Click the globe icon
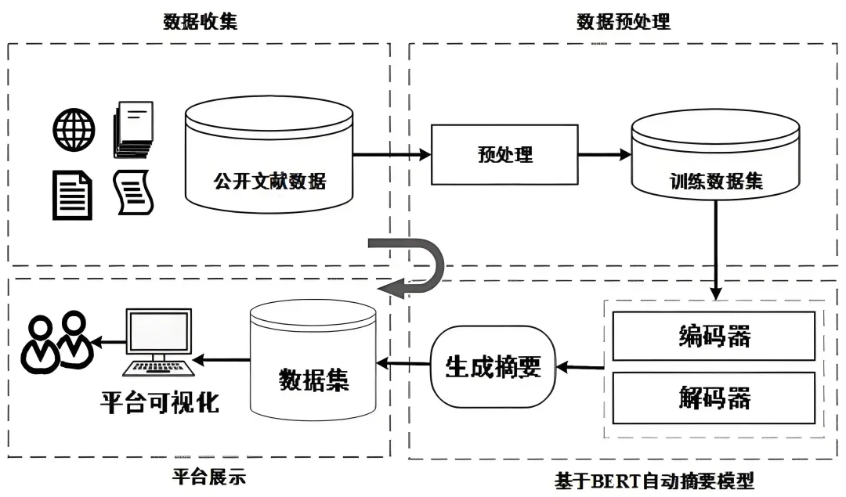pyautogui.click(x=74, y=130)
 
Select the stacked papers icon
pyautogui.click(x=133, y=130)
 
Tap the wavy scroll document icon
pyautogui.click(x=133, y=193)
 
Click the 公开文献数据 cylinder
pyautogui.click(x=269, y=155)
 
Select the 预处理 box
pyautogui.click(x=504, y=155)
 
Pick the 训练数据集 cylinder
pyautogui.click(x=715, y=155)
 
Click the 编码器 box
pyautogui.click(x=714, y=336)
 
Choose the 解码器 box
pyautogui.click(x=714, y=398)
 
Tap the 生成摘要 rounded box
pyautogui.click(x=493, y=366)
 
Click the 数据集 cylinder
pyautogui.click(x=313, y=360)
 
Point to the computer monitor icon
pyautogui.click(x=158, y=342)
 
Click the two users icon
pyautogui.click(x=56, y=341)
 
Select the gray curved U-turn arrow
pyautogui.click(x=410, y=268)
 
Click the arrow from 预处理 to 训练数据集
pyautogui.click(x=605, y=155)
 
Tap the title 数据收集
pyautogui.click(x=201, y=22)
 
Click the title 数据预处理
pyautogui.click(x=624, y=22)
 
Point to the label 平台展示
pyautogui.click(x=209, y=477)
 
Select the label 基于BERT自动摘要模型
pyautogui.click(x=654, y=481)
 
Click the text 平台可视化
pyautogui.click(x=160, y=402)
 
